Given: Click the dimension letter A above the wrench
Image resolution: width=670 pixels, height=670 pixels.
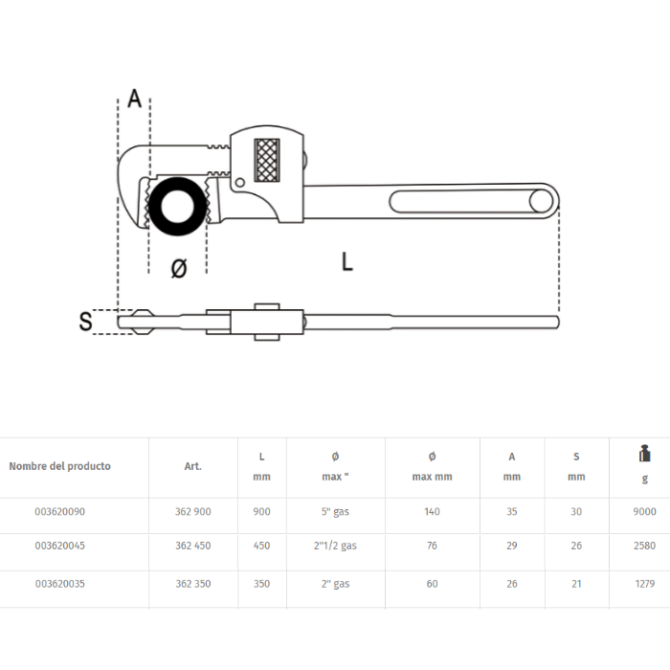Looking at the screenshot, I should (135, 99).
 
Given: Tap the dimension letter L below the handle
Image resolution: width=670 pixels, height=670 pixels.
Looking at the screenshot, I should (347, 260).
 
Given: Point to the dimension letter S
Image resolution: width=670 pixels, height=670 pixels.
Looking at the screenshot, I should (86, 322).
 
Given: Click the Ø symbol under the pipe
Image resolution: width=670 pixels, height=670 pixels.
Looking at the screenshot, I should (178, 269).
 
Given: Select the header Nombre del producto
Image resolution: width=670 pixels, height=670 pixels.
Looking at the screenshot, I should (59, 466).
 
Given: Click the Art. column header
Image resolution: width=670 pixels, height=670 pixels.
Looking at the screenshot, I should (193, 466).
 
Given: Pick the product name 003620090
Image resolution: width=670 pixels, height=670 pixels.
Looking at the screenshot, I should (59, 512).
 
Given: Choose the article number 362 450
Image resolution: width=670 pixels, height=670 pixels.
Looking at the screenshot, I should (193, 547).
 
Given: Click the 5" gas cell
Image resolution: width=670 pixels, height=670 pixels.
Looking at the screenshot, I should (335, 512).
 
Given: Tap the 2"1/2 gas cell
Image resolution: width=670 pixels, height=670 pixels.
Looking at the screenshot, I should (335, 547).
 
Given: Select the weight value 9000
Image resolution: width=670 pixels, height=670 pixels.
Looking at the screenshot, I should (644, 512).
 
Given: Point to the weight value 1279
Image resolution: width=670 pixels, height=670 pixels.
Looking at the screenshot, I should (644, 583).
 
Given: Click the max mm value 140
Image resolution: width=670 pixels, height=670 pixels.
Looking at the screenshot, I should (432, 512).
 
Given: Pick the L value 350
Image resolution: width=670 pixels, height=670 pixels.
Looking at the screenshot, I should (261, 583).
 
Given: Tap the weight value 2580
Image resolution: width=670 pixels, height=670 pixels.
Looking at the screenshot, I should (644, 547).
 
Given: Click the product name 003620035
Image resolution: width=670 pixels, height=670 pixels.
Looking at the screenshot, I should (59, 583).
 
